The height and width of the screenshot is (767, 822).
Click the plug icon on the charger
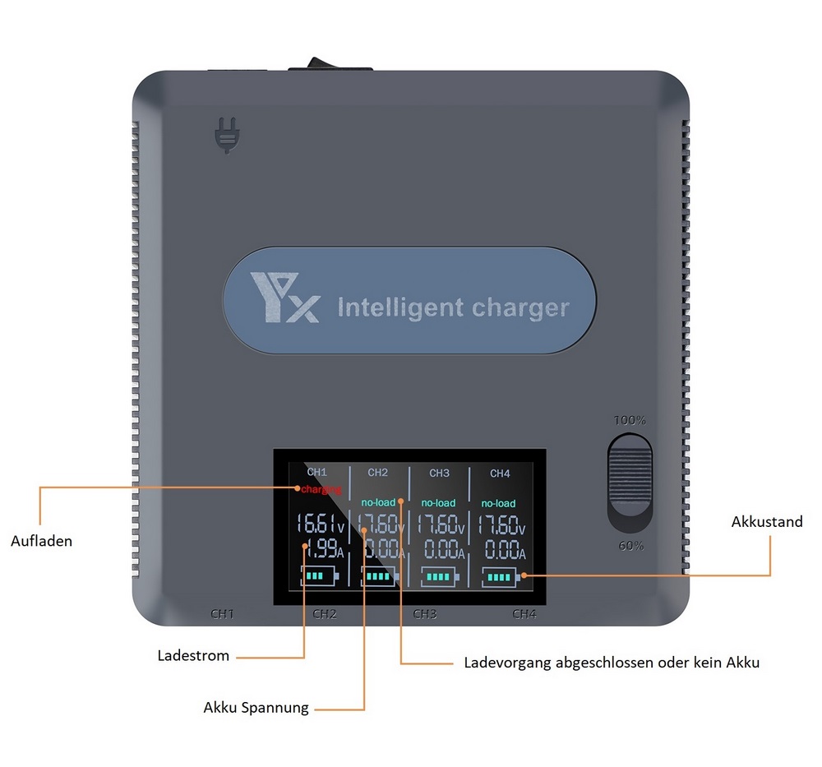(228, 136)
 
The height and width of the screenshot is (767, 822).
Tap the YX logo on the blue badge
(284, 297)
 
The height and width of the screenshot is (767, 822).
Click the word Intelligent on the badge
(400, 307)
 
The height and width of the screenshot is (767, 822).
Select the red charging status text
(321, 489)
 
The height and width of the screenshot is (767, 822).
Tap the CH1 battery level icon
(319, 575)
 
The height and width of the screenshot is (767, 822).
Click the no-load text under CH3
(438, 503)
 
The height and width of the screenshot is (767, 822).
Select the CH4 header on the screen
(500, 474)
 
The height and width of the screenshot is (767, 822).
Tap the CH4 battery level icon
(501, 577)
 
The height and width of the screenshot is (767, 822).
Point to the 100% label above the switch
(630, 420)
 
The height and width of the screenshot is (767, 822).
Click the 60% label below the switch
(630, 546)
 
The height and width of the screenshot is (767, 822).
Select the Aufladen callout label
(41, 541)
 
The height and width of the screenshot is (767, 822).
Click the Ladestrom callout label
(193, 655)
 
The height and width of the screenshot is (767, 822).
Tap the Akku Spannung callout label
(256, 708)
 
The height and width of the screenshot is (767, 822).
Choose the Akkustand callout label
(767, 522)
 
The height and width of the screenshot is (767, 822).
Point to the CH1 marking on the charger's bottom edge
(222, 614)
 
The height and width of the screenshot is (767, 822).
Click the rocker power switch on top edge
(330, 63)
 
